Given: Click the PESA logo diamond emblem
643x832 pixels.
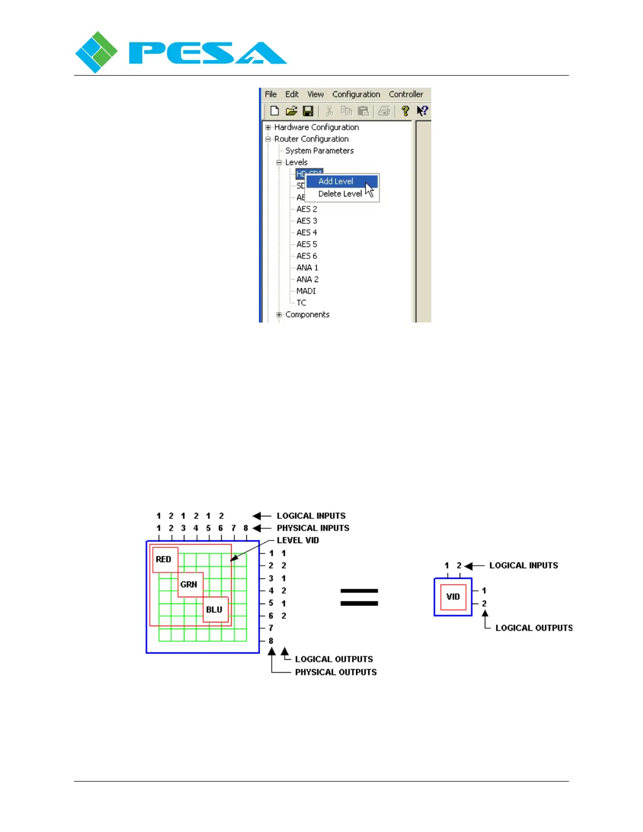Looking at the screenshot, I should (x=96, y=52).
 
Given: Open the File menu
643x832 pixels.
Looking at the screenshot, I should (x=271, y=95).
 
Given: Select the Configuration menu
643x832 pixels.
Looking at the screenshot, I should (x=356, y=95).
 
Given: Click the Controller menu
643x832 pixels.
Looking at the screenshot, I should (x=406, y=95).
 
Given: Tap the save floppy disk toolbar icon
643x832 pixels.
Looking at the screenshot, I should (x=308, y=111).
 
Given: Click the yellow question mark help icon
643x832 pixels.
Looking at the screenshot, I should (x=405, y=111).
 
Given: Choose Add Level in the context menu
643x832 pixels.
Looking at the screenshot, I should (x=336, y=181).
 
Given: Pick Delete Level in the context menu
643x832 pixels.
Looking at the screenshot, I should (x=339, y=194).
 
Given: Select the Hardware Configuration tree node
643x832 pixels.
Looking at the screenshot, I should (x=316, y=127).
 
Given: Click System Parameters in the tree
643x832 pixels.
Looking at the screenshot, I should (x=319, y=151).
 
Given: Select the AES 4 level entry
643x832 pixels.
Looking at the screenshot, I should (x=307, y=233).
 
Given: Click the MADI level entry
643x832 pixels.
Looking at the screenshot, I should (x=306, y=291).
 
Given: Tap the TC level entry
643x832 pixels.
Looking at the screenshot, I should (x=302, y=303).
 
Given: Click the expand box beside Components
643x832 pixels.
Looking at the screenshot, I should (x=279, y=315).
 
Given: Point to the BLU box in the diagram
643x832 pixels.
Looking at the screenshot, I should (x=215, y=610).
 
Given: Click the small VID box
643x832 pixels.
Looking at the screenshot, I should (x=453, y=597).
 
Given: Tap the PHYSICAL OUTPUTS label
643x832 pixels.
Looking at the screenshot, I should (x=336, y=672).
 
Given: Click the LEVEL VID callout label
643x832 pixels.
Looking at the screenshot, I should (x=298, y=540).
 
